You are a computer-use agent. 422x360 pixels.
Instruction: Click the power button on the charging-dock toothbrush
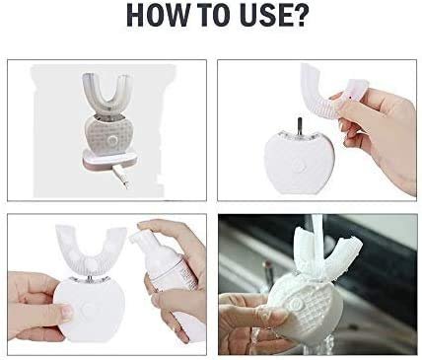click(112, 141)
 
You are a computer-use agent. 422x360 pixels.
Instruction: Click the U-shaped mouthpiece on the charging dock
click(103, 96)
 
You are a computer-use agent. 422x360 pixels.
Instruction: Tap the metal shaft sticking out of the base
click(299, 126)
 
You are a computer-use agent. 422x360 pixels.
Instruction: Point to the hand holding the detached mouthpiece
click(382, 131)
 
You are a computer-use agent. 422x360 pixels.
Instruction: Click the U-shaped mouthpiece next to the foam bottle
click(91, 250)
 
